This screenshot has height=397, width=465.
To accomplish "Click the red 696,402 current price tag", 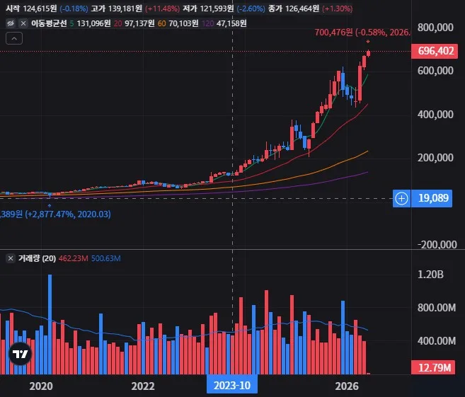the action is pyautogui.click(x=434, y=51).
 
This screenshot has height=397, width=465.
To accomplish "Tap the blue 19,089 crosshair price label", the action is pyautogui.click(x=432, y=198).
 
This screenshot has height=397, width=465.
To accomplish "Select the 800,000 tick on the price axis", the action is pyautogui.click(x=435, y=28).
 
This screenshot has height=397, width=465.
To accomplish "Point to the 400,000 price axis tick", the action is pyautogui.click(x=435, y=114).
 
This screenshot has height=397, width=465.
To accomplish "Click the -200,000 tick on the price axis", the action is pyautogui.click(x=437, y=244).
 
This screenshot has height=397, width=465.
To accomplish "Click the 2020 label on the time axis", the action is pyautogui.click(x=41, y=386).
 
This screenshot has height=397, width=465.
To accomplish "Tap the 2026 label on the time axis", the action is pyautogui.click(x=347, y=386).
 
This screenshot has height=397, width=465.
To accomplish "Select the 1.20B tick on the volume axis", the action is pyautogui.click(x=430, y=275).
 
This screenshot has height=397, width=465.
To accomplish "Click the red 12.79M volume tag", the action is pyautogui.click(x=433, y=367).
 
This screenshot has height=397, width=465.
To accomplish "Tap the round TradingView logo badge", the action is pyautogui.click(x=20, y=353).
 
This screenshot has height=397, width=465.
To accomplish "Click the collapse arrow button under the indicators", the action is pyautogui.click(x=14, y=38).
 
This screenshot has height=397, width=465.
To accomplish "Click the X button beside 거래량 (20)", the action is pyautogui.click(x=11, y=258).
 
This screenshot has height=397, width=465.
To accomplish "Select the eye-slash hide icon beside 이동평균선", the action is pyautogui.click(x=11, y=23).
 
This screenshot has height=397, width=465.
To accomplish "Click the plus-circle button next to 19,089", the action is pyautogui.click(x=401, y=198).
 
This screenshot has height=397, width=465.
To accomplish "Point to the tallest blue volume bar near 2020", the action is pyautogui.click(x=50, y=324).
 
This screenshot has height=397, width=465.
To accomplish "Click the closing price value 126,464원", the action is pyautogui.click(x=302, y=8).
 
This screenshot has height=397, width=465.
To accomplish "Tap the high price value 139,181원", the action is pyautogui.click(x=125, y=8).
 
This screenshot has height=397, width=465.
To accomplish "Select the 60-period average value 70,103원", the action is pyautogui.click(x=183, y=23).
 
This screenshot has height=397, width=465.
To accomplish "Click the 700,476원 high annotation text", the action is pyautogui.click(x=333, y=32).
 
